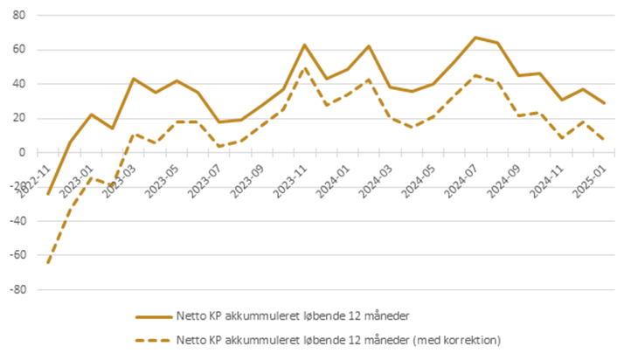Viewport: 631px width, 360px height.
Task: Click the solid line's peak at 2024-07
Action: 475,38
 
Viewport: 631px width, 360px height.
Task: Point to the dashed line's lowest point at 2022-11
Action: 49,263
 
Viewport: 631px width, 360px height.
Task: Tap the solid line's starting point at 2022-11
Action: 49,194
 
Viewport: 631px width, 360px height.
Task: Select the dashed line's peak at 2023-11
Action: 304,67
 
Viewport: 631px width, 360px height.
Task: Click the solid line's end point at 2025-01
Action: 604,103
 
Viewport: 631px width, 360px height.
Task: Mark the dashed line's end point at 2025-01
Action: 604,140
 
